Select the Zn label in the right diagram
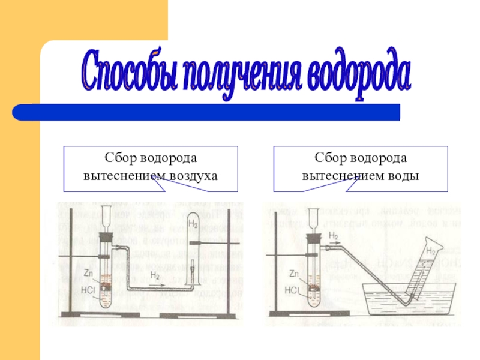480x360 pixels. tap(294, 273)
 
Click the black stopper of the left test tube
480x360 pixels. tap(103, 237)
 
